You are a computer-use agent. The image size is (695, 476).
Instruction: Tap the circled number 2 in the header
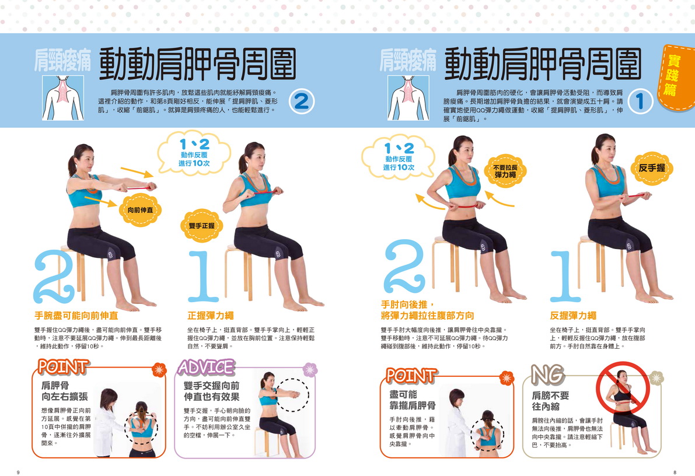(302, 101)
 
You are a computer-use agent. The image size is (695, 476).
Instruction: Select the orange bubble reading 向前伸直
(140, 210)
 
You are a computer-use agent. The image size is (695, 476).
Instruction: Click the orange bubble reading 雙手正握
(202, 226)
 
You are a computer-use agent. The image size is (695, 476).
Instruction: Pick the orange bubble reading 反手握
(652, 168)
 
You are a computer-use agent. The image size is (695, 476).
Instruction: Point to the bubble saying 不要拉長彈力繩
(505, 171)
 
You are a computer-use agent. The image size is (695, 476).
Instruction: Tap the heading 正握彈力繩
(211, 316)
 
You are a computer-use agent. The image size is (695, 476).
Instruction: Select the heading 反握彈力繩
(573, 316)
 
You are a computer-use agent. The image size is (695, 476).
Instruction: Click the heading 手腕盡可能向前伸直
(76, 316)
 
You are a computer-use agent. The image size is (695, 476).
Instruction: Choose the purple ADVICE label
(206, 367)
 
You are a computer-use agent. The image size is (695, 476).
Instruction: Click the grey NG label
(548, 374)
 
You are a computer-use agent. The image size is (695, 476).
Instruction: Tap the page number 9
(18, 473)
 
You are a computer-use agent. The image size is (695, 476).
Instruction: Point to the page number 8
(675, 473)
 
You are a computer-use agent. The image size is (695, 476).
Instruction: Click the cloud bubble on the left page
(194, 153)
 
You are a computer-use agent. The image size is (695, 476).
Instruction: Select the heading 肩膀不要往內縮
(550, 401)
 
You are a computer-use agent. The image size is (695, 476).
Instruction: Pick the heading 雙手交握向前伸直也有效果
(211, 391)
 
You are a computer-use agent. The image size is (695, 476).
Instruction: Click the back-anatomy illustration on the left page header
(63, 98)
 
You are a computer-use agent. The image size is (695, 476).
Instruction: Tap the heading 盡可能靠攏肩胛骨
(413, 400)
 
